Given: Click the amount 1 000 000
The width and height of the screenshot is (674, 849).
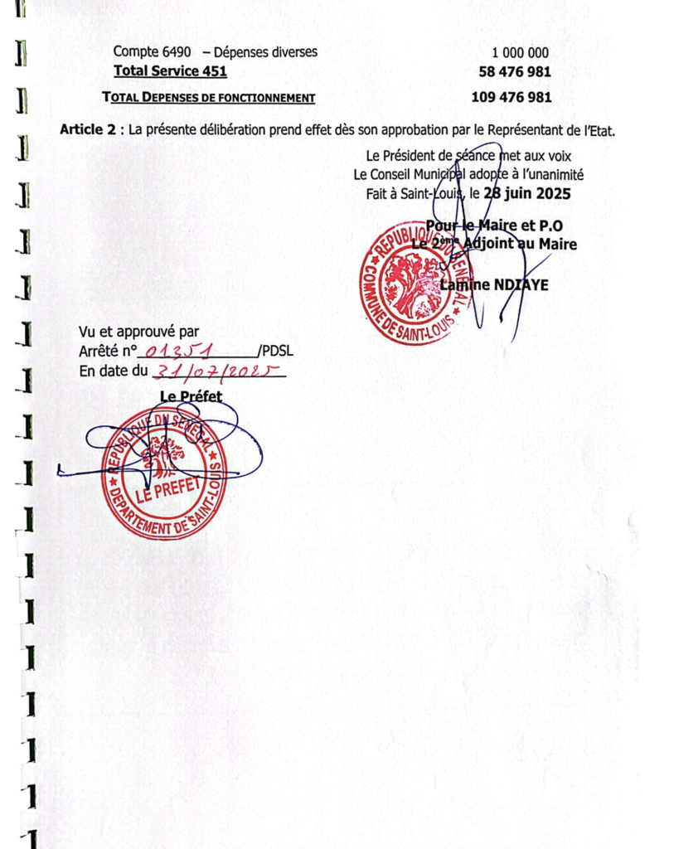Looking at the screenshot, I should [520, 52].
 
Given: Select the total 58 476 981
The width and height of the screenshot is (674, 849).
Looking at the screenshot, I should [514, 72].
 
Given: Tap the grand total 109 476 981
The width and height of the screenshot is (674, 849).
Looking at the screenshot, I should [511, 97].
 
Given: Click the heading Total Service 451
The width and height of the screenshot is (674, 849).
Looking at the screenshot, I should [170, 71].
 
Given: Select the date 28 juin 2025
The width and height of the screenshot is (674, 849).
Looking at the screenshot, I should [527, 193].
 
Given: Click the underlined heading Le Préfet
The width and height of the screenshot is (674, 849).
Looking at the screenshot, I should [191, 397].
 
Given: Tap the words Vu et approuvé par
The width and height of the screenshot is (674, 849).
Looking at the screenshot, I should [138, 332].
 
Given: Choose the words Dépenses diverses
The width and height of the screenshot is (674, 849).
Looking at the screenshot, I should [265, 52].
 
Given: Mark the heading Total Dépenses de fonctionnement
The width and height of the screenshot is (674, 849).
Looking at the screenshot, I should [208, 98].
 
